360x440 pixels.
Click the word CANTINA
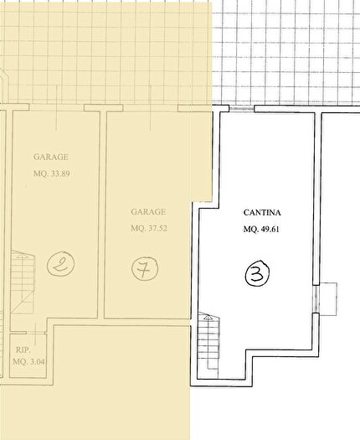click(262, 213)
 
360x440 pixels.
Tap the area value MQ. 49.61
click(261, 230)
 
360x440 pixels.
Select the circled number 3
click(257, 272)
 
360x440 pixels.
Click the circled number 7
click(145, 269)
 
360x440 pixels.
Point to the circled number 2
click(60, 264)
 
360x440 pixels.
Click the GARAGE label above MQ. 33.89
click(51, 157)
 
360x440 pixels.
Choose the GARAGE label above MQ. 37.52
click(148, 211)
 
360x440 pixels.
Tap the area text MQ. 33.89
click(52, 173)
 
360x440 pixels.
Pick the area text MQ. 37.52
click(149, 229)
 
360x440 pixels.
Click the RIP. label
click(23, 350)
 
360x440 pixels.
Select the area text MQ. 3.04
click(28, 361)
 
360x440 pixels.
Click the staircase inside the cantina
click(208, 344)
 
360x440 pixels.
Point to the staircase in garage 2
click(23, 282)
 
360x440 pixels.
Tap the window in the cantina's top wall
click(242, 109)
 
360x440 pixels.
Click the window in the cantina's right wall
click(316, 299)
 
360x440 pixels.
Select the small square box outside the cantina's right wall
click(328, 299)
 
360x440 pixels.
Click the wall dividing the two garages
click(102, 215)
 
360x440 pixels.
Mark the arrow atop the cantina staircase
click(208, 318)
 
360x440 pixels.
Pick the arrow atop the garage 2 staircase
click(21, 256)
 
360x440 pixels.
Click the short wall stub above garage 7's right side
click(194, 108)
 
